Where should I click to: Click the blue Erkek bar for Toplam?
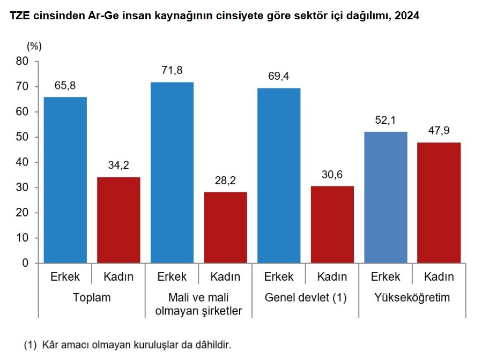click(x=65, y=180)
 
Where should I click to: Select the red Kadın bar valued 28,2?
click(x=225, y=227)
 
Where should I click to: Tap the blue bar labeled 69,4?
click(x=279, y=176)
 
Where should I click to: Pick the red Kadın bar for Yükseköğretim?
click(x=439, y=202)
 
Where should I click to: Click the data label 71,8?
click(x=172, y=70)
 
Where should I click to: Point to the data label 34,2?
click(x=118, y=166)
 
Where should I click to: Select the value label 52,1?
click(x=386, y=120)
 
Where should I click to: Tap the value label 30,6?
click(x=332, y=174)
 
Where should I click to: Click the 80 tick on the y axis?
click(x=22, y=61)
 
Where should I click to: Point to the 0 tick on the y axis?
click(x=25, y=263)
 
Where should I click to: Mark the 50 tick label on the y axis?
click(x=22, y=137)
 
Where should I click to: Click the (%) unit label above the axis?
click(x=34, y=46)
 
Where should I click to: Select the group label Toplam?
click(x=92, y=297)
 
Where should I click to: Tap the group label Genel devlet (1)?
click(x=306, y=297)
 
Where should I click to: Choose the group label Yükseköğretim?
click(x=412, y=297)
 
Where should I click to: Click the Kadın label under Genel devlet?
click(x=332, y=277)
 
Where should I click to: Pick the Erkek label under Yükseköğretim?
click(x=386, y=277)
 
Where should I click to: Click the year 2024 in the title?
click(x=407, y=16)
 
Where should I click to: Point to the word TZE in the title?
click(x=20, y=16)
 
